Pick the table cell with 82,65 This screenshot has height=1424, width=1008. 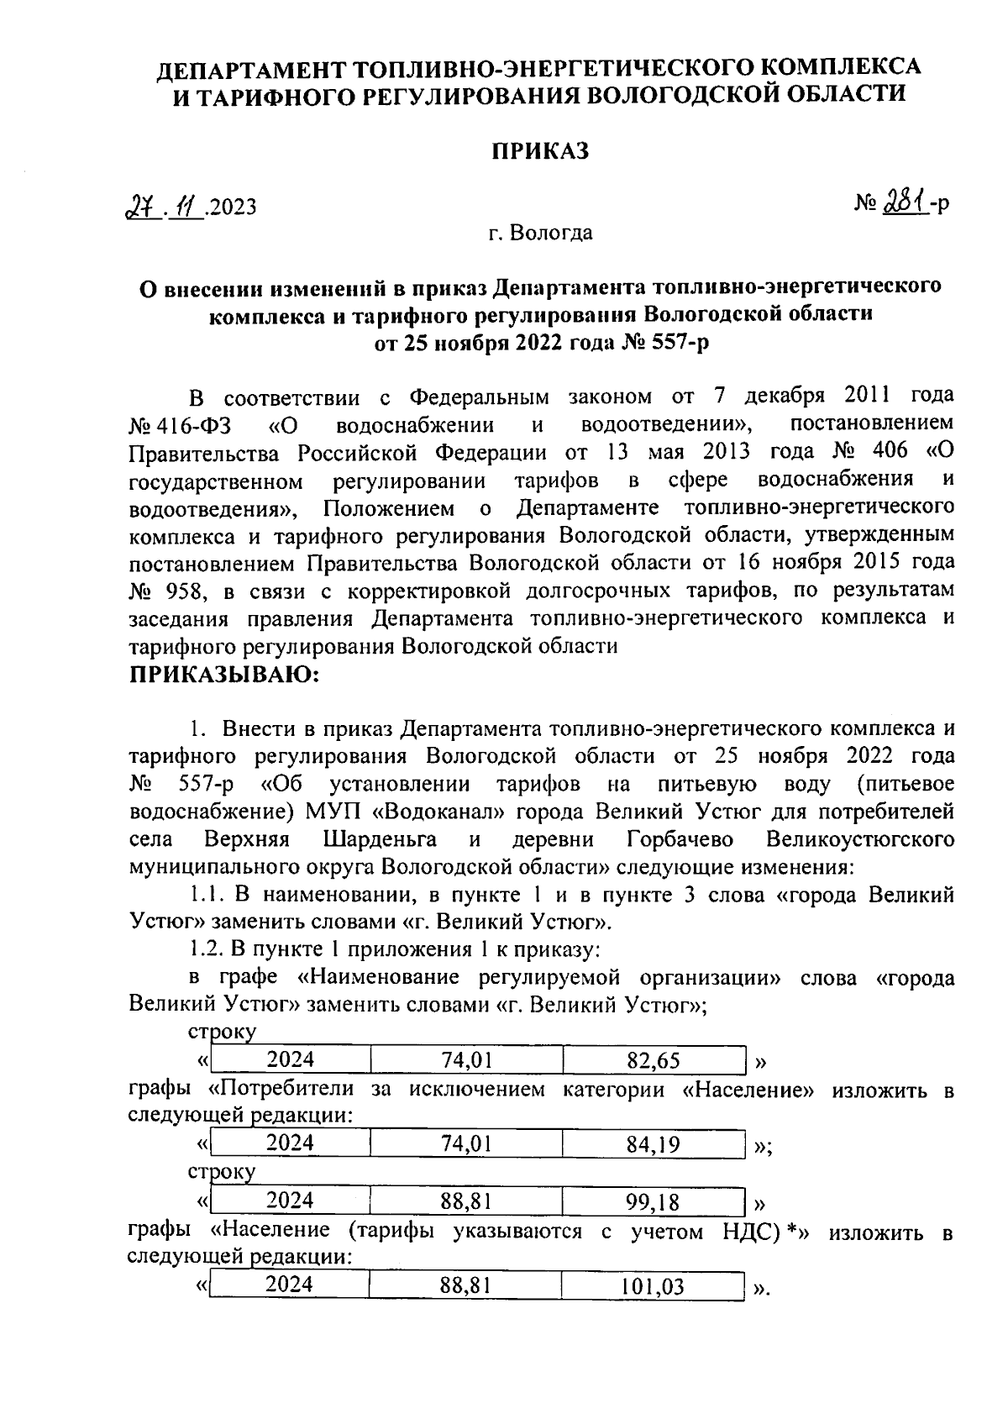[654, 1060]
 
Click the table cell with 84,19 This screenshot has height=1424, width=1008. [654, 1143]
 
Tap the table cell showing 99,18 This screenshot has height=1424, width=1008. [654, 1201]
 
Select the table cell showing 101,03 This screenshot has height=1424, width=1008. [654, 1285]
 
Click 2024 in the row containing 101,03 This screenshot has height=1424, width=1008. [290, 1284]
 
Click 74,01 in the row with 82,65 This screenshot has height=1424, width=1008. [466, 1060]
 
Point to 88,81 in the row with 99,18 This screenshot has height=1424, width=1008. [466, 1201]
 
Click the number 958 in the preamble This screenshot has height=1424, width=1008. [186, 591]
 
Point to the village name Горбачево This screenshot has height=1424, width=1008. [680, 840]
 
